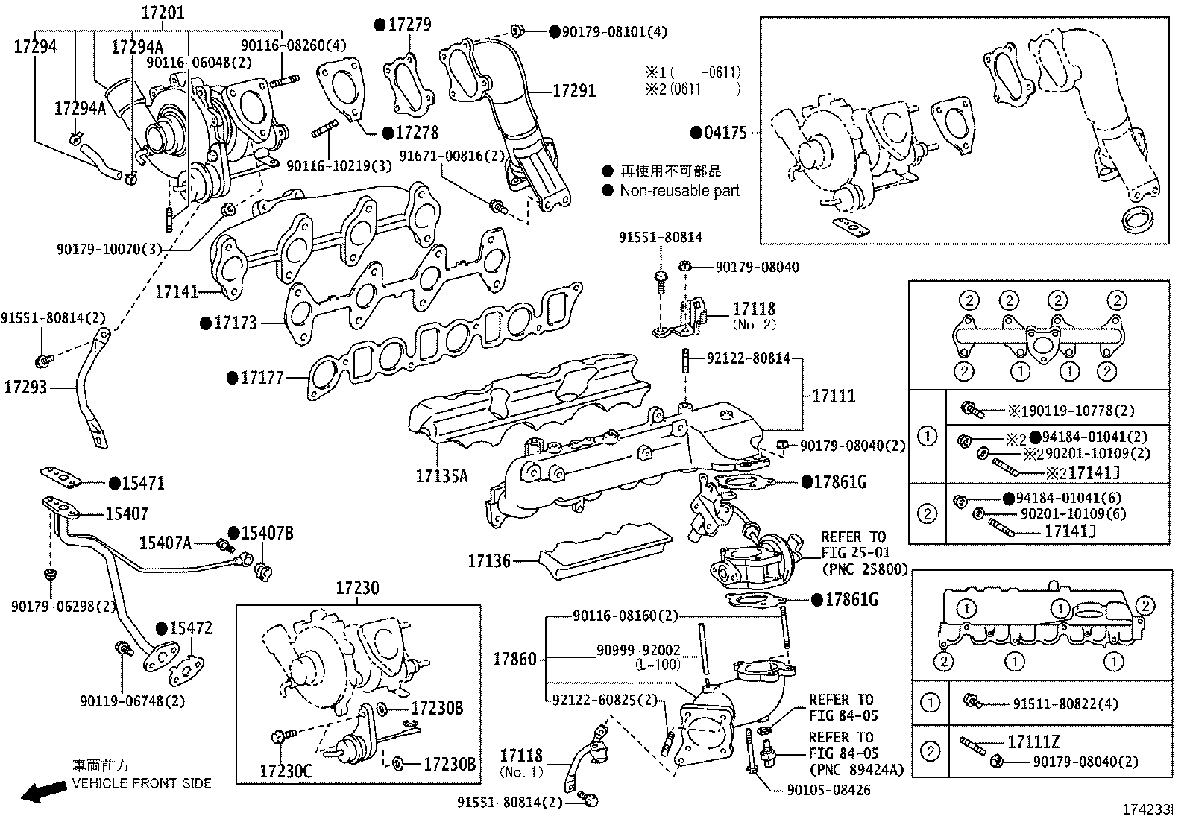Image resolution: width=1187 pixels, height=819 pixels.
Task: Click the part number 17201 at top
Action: tap(163, 13)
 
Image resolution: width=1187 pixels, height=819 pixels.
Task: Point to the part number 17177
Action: tap(262, 379)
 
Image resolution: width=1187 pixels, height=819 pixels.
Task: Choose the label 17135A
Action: tap(441, 475)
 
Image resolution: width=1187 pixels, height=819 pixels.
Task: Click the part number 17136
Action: tap(489, 560)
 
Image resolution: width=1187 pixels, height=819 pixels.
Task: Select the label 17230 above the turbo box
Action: tap(356, 589)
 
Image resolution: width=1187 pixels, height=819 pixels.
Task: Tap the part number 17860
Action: tap(514, 659)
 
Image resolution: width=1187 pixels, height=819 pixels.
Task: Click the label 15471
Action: tap(143, 484)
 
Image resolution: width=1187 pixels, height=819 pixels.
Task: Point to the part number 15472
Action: tap(191, 628)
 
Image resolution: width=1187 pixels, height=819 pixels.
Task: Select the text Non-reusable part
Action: tap(679, 191)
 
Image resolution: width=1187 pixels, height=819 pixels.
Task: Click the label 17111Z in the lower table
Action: tap(1033, 742)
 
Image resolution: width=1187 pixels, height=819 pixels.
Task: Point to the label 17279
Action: tap(409, 25)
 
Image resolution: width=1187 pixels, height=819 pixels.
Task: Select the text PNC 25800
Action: tap(865, 569)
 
